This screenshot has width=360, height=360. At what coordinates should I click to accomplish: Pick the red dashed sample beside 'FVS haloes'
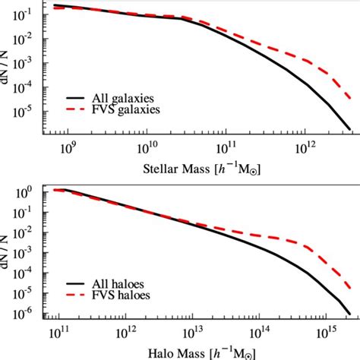(81, 294)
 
